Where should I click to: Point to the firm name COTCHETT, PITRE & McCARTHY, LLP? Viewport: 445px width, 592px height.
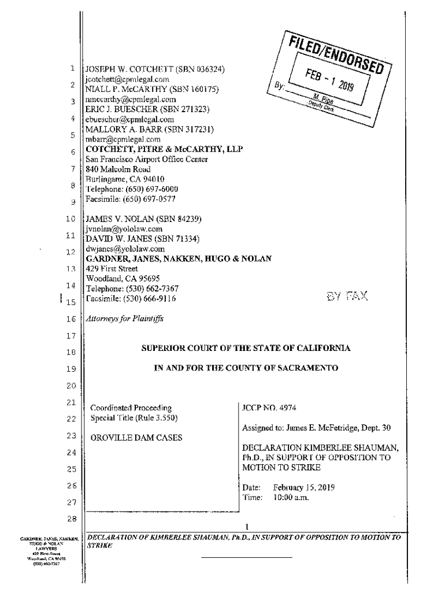coord(164,149)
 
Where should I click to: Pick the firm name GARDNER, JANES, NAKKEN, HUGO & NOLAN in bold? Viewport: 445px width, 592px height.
coord(179,258)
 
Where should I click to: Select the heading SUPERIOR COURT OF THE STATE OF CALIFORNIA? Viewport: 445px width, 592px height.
coord(246,348)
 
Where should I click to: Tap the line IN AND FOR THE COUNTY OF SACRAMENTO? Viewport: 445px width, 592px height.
coord(246,368)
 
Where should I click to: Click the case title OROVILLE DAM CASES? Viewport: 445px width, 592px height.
coord(136,438)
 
